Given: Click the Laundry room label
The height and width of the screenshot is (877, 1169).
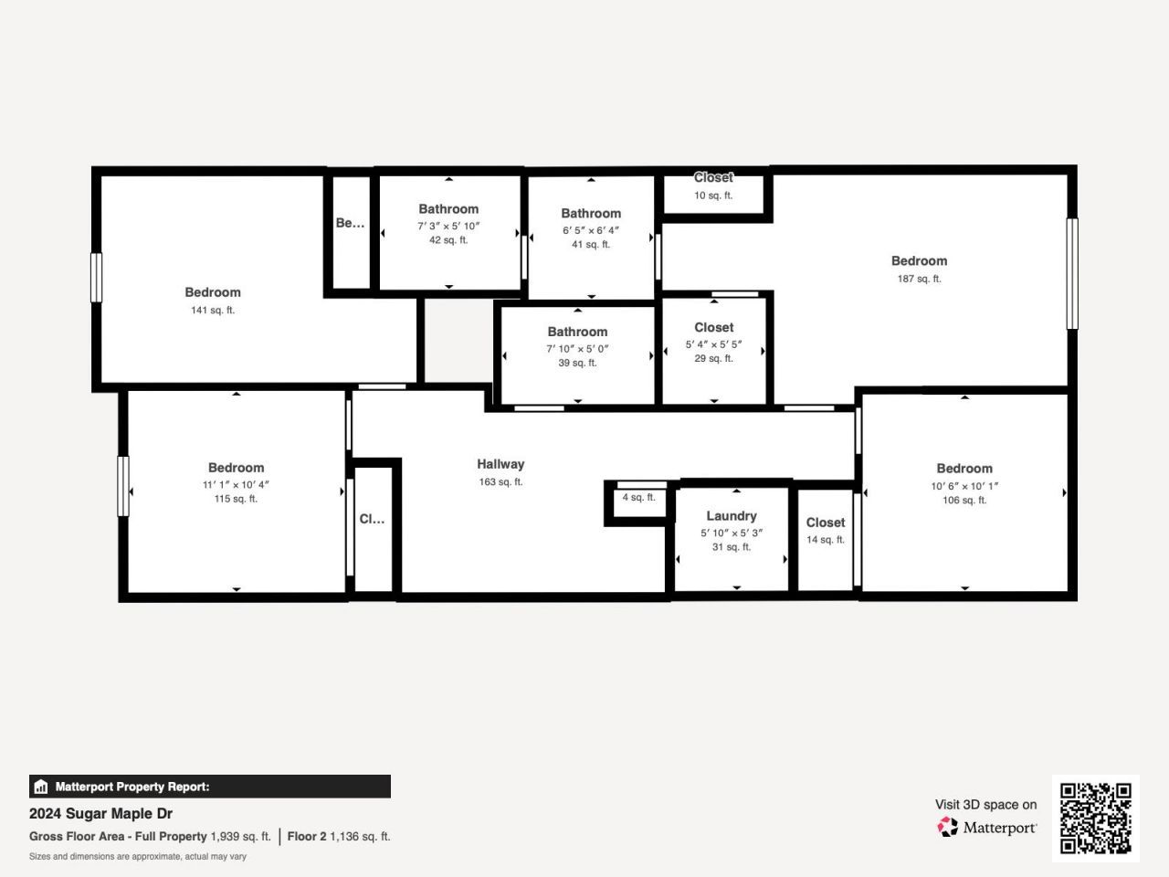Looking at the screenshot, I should [732, 516].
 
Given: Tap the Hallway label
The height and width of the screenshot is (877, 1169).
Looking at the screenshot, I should [500, 464].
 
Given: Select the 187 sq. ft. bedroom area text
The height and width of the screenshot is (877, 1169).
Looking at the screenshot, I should [919, 279].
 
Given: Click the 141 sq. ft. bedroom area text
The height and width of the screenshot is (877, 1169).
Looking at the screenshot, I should [213, 311].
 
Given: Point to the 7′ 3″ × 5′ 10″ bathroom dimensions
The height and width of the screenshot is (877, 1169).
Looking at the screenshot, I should [448, 226].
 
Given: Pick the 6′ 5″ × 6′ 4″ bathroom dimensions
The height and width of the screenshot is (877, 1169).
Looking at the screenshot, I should [591, 230].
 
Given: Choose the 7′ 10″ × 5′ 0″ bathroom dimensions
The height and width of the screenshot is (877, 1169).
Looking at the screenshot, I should [577, 348].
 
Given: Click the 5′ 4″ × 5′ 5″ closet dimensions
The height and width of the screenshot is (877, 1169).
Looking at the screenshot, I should [713, 344].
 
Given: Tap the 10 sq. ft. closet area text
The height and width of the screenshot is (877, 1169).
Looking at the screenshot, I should [713, 195].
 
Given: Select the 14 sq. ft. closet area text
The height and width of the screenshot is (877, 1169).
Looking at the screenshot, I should [826, 540].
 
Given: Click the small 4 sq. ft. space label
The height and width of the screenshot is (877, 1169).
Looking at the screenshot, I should [638, 498].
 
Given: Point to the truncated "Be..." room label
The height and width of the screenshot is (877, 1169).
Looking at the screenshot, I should [350, 223].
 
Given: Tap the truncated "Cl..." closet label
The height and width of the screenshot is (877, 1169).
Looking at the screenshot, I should [372, 519].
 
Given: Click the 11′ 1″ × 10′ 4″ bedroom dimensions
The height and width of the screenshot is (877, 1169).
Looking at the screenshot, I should [236, 485].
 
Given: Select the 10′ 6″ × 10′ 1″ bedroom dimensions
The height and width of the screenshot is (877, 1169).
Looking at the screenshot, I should [964, 486].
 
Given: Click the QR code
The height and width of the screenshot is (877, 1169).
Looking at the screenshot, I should [1095, 818].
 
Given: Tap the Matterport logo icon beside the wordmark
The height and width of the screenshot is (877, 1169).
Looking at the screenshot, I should [948, 828].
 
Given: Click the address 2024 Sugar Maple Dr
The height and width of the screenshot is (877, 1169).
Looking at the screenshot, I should [100, 813].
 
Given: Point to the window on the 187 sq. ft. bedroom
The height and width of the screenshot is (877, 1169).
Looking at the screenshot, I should [1072, 273].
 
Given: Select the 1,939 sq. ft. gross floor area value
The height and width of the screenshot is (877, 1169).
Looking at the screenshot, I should [240, 836].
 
